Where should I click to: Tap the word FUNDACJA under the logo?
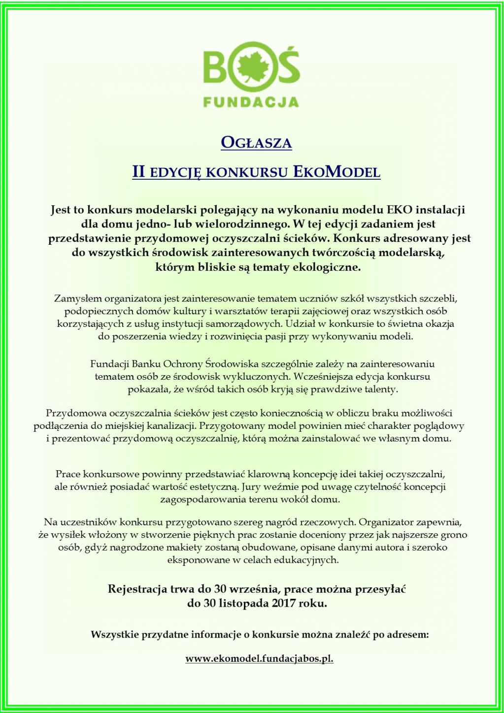(251, 102)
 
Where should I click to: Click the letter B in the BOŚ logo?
(217, 67)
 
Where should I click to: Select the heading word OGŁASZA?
(256, 143)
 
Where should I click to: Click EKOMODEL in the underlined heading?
(337, 172)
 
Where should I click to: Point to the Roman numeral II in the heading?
(138, 172)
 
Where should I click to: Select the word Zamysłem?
(78, 298)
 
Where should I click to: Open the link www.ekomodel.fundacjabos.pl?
(259, 659)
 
